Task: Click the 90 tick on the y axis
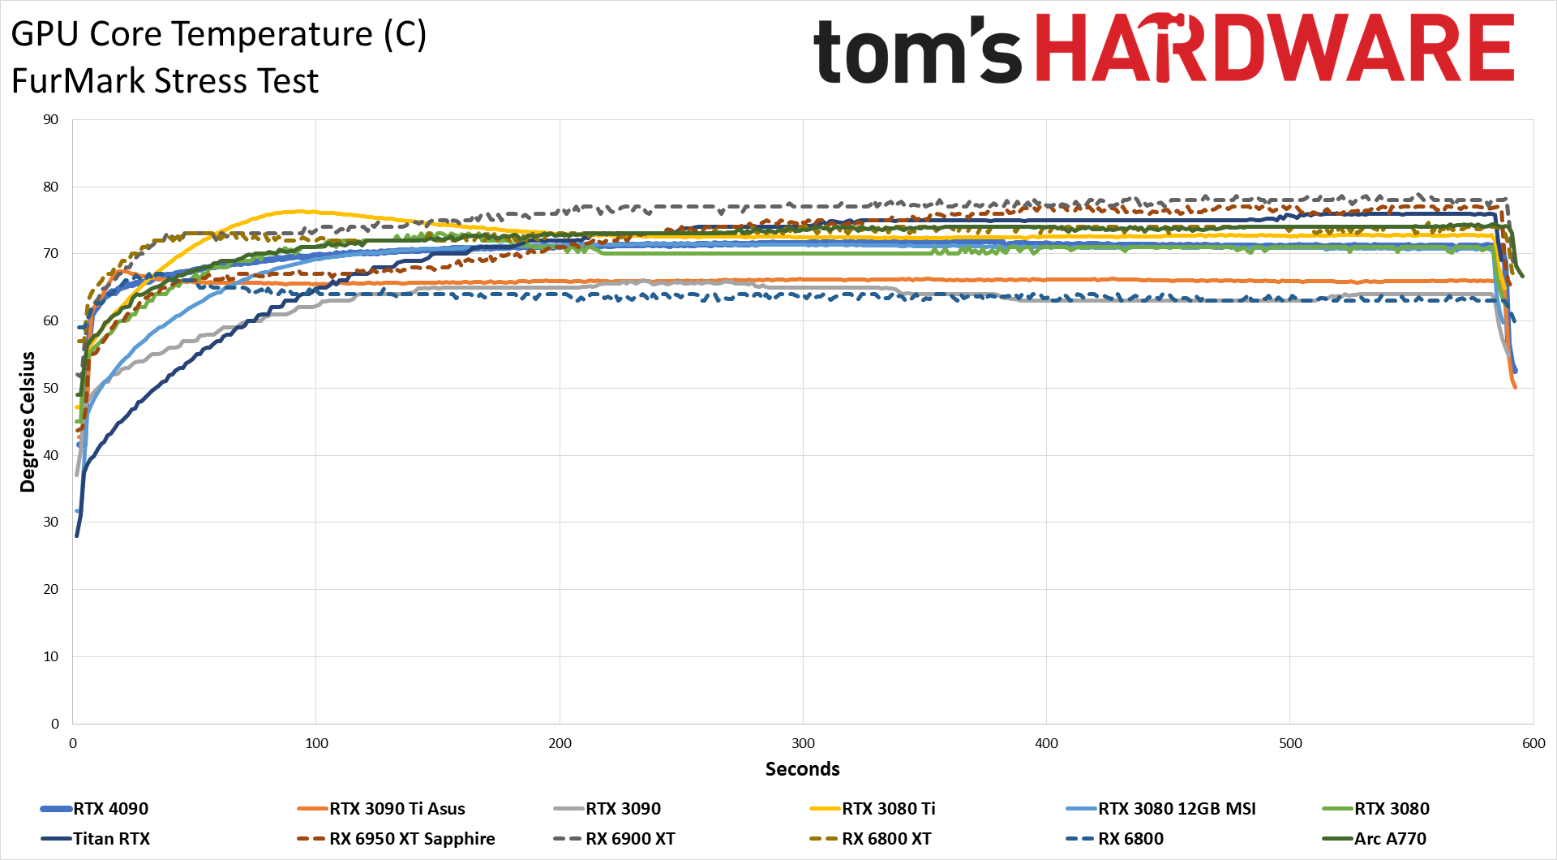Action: [51, 120]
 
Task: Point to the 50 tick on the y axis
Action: [51, 389]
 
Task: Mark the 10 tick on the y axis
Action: [51, 657]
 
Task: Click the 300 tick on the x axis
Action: [803, 744]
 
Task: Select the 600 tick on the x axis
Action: [1533, 744]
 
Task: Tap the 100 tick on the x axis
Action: [316, 744]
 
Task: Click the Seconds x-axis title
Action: [802, 769]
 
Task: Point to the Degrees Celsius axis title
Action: [28, 422]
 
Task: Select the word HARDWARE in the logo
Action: [1275, 49]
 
